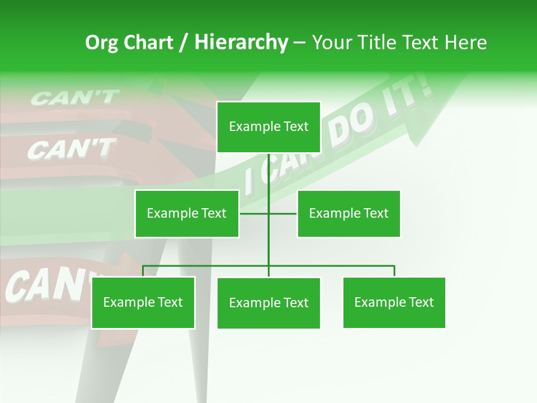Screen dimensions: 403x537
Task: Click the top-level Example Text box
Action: tap(268, 127)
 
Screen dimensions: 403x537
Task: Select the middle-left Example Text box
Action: tap(186, 213)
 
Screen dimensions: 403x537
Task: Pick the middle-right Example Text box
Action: tap(348, 213)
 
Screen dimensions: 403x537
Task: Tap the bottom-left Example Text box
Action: tap(143, 302)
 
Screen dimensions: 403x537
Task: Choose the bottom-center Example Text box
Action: tap(268, 303)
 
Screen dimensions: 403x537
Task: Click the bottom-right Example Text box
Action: tap(394, 302)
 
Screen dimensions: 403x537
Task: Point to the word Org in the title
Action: tap(101, 43)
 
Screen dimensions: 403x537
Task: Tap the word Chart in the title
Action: tap(148, 43)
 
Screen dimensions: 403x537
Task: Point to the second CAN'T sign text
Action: tap(71, 149)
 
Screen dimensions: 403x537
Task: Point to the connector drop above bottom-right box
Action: tap(394, 271)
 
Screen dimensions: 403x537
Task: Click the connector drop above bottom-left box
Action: tap(143, 271)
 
